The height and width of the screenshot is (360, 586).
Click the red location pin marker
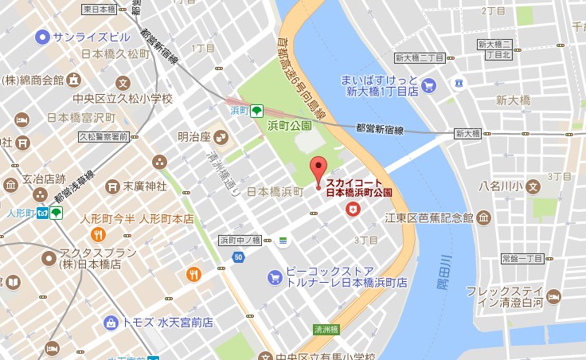[x=318, y=170]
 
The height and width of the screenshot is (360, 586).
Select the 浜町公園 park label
[x=289, y=125]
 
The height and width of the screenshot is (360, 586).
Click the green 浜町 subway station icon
[x=256, y=112]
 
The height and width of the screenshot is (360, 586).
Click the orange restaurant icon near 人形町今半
[x=97, y=234]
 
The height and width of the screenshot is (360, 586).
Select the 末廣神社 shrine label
[x=144, y=186]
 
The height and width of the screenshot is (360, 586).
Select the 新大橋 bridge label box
[x=467, y=133]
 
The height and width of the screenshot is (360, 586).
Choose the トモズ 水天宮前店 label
[x=167, y=323]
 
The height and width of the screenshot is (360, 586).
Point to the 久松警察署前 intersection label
[x=104, y=137]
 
